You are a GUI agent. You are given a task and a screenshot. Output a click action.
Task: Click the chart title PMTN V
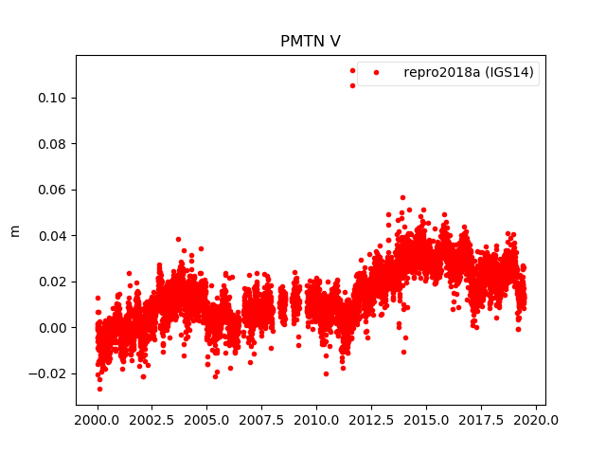311,42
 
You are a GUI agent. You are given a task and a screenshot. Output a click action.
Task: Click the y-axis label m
14,230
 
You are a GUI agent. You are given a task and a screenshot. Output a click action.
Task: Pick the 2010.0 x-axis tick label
317,419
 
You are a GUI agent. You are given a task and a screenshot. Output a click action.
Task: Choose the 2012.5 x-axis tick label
372,419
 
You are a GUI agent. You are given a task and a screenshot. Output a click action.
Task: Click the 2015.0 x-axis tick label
427,419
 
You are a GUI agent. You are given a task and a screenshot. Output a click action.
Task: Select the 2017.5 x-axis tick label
482,419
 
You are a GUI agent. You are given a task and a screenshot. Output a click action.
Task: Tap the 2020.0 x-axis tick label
537,419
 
